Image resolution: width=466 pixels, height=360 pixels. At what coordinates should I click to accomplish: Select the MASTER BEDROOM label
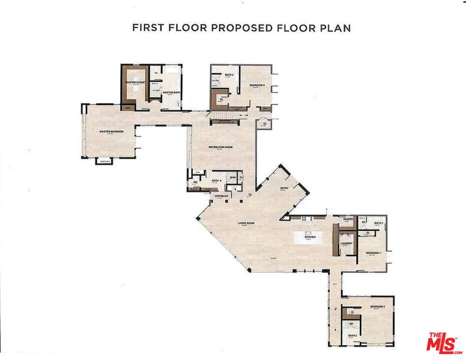[x=111, y=132]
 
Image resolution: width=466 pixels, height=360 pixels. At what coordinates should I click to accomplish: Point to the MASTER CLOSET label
[x=135, y=82]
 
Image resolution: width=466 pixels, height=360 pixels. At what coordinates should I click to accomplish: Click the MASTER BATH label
[x=171, y=92]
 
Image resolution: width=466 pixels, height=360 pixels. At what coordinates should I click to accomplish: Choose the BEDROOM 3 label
[x=257, y=85]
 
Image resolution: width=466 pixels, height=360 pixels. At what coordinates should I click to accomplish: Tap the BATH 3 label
[x=229, y=74]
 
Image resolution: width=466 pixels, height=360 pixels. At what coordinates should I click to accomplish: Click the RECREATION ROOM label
[x=221, y=147]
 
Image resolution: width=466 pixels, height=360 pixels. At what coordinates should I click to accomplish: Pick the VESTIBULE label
[x=221, y=196]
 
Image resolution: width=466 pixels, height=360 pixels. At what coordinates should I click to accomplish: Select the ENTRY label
[x=284, y=188]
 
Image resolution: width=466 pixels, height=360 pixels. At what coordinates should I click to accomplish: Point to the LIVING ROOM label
[x=245, y=223]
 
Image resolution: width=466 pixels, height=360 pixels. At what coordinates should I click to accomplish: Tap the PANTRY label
[x=348, y=219]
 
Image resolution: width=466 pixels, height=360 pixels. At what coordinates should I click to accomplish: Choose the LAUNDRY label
[x=347, y=244]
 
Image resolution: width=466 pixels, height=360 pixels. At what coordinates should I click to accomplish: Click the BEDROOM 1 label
[x=373, y=253]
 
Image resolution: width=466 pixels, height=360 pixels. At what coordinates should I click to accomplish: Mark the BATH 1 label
[x=378, y=223]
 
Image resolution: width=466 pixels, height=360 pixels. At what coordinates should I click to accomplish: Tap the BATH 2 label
[x=352, y=335]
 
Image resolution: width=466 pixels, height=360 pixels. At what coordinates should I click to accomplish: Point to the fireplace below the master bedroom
[x=104, y=161]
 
